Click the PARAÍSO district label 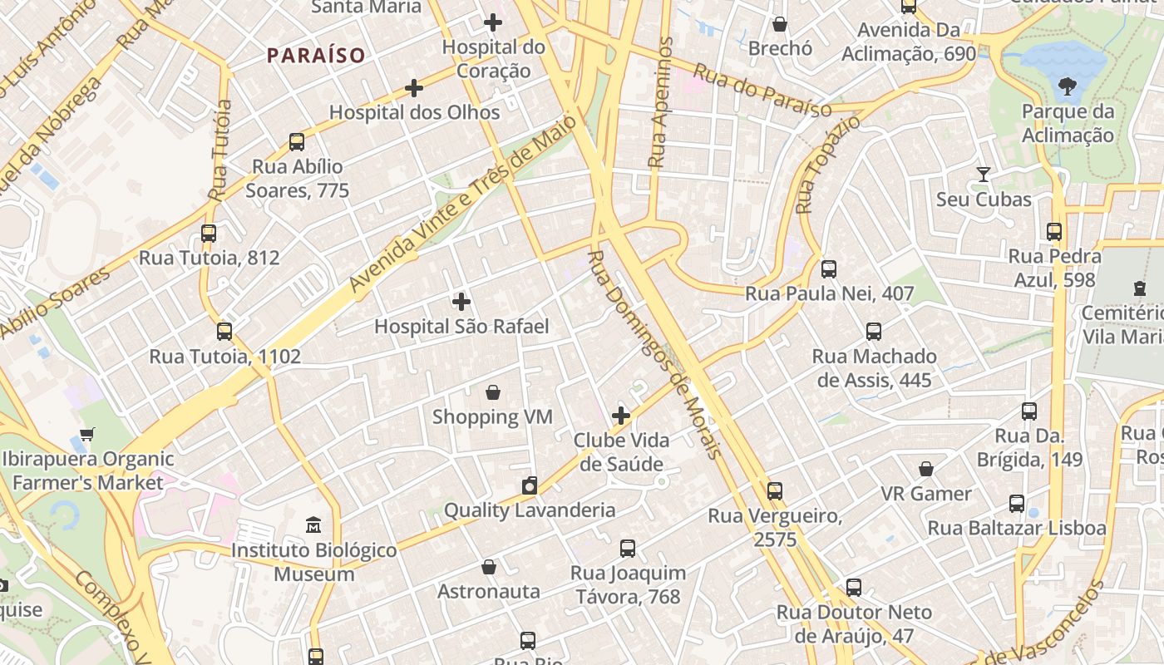coord(316,56)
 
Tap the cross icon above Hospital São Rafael coord(461,302)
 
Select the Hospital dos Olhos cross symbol coord(414,88)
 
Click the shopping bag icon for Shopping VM coord(493,392)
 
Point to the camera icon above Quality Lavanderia coord(530,485)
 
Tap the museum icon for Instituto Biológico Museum coord(313,525)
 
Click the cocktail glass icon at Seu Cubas coord(984,175)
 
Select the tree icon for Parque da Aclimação coord(1068,86)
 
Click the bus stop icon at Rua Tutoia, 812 coord(209,234)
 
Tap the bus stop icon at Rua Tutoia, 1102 coord(224,332)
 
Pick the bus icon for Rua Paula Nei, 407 coord(828,269)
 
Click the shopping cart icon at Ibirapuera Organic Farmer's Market coord(87,434)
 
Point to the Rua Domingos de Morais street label coord(654,353)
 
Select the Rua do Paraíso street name coord(762,91)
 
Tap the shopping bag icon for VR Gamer coord(926,469)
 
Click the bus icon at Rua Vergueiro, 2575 coord(775,491)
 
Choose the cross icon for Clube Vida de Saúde coord(621,416)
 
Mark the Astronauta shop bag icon coord(489,567)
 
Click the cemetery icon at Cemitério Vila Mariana coord(1139,288)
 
